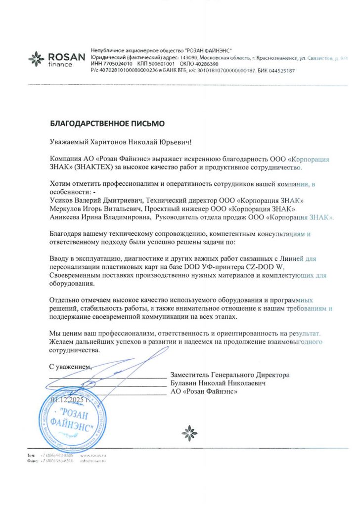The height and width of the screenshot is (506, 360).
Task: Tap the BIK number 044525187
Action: coord(280,71)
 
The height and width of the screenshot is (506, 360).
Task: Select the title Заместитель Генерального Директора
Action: coord(229,375)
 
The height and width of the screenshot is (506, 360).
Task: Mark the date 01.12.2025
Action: coord(69,399)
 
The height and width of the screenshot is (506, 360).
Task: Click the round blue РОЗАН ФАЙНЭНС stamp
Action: coord(72,422)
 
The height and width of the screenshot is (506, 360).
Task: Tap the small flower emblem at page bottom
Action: coord(189,433)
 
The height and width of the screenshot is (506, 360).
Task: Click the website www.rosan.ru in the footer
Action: coord(90,455)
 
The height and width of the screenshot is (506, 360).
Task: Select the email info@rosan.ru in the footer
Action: coord(92,461)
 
